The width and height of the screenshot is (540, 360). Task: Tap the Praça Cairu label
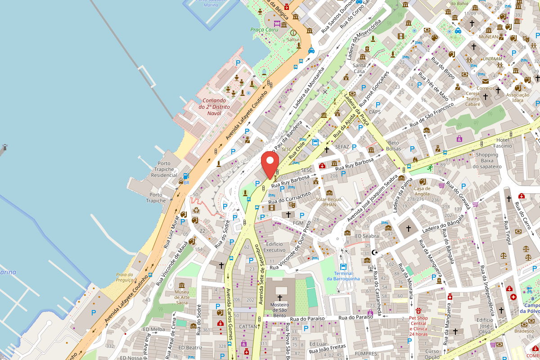[x=264, y=30]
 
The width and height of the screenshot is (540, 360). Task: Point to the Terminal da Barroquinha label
[x=343, y=276]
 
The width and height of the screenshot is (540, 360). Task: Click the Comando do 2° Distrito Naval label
[x=214, y=107]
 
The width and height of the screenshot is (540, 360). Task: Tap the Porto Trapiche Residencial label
[x=161, y=169]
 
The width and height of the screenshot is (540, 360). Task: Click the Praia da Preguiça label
[x=125, y=277]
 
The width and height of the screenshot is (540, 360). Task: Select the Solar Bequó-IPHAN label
[x=329, y=202]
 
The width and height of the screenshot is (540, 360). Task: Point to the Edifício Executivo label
[x=274, y=247]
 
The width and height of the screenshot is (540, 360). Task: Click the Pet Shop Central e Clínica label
[x=418, y=326]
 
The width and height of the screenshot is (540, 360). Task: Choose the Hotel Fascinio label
[x=502, y=143]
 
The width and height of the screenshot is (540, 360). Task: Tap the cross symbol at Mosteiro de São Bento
[x=280, y=297]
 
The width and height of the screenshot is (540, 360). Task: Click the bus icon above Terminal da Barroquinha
[x=343, y=266]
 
